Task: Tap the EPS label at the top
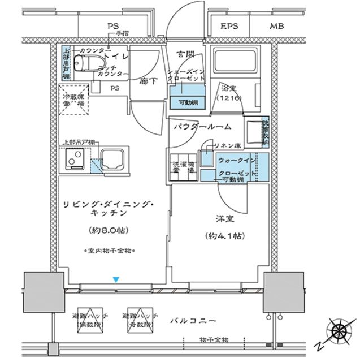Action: (228, 27)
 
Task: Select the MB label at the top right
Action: (276, 27)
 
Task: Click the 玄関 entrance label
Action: (186, 54)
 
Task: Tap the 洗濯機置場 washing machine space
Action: (182, 166)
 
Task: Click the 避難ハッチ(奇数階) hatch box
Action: (138, 321)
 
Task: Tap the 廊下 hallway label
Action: (147, 81)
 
